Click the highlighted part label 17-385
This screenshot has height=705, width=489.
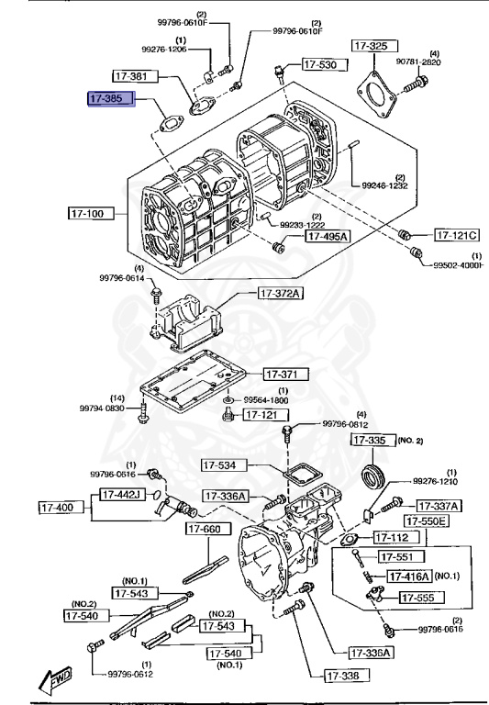click(x=111, y=98)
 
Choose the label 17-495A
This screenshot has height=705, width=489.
click(x=327, y=236)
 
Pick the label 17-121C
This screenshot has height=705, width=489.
click(x=457, y=234)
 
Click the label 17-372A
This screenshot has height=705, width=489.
click(x=281, y=294)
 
